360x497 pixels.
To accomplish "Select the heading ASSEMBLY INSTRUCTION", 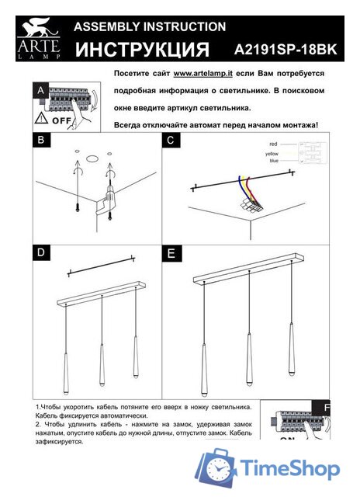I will tap(150, 26).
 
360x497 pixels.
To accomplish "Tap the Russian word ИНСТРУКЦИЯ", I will tap(144, 50).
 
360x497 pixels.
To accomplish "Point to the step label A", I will tap(40, 91).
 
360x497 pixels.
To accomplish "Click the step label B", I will tap(40, 141).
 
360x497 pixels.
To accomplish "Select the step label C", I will tap(171, 141).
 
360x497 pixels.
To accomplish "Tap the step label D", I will tap(40, 253).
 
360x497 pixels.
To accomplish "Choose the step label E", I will tap(171, 253).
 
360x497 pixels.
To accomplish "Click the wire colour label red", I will tap(273, 144).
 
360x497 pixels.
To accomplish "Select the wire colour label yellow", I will tap(272, 155).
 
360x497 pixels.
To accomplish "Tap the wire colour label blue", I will tap(273, 161).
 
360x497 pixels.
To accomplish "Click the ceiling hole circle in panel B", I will tap(92, 159).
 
